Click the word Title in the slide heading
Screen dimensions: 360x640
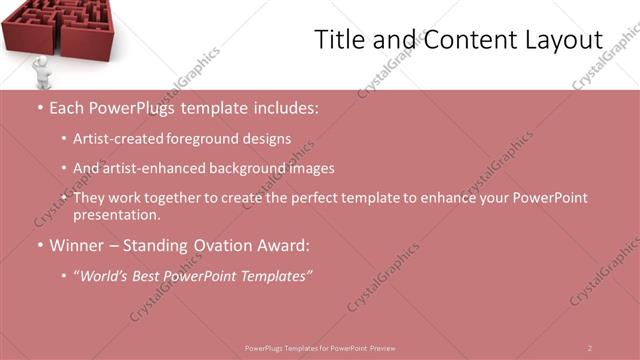coord(340,41)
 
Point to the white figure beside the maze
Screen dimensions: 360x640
coord(40,71)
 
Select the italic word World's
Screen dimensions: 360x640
coord(107,275)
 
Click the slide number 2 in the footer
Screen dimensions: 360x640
coord(589,348)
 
